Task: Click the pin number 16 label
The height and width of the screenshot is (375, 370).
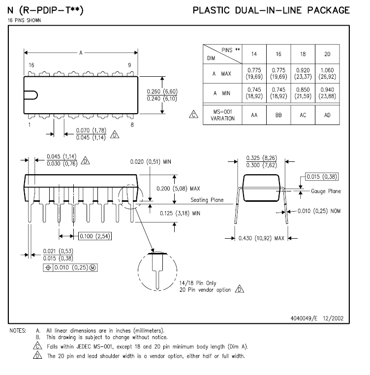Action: click(31, 65)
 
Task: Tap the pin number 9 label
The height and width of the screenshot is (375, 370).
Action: click(129, 65)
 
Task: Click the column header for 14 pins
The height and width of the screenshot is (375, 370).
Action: click(254, 54)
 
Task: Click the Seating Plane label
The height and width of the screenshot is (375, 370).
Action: click(207, 200)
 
